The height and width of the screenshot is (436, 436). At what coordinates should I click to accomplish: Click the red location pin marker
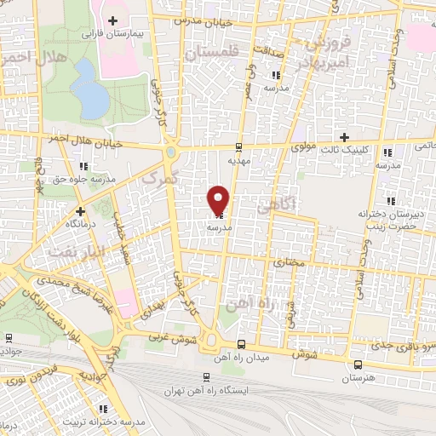point(219,199)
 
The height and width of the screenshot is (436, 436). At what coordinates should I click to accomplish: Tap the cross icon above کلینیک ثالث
point(344,137)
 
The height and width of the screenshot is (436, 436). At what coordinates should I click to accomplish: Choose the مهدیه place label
point(238,159)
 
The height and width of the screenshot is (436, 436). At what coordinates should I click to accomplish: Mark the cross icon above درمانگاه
point(81,210)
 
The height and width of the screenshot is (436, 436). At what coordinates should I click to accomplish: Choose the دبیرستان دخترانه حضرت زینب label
point(386,220)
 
